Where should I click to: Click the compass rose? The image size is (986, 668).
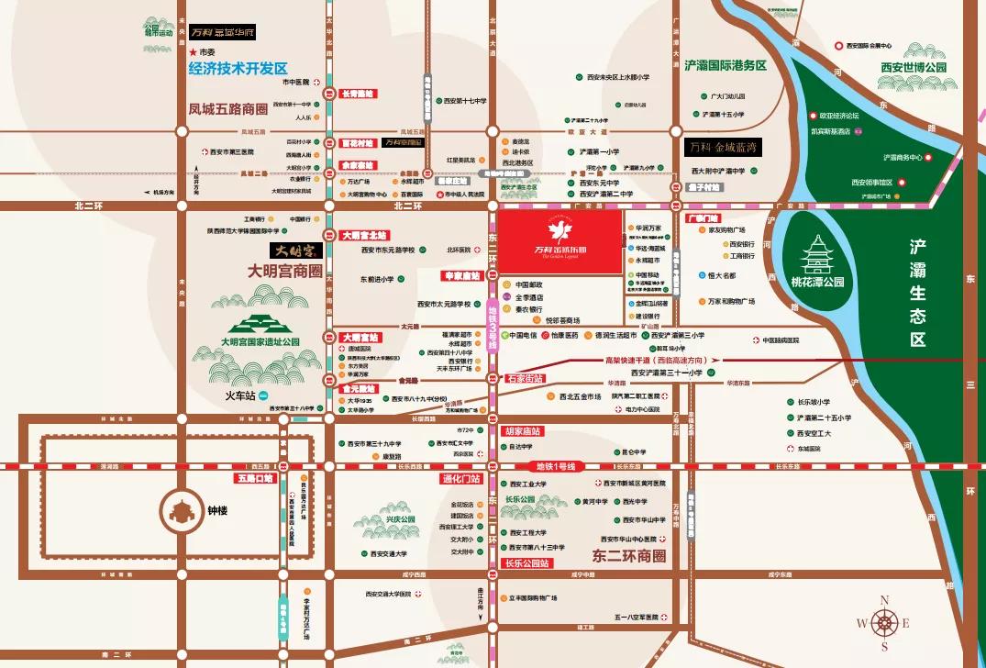point(884,622)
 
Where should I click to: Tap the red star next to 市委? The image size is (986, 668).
point(194,52)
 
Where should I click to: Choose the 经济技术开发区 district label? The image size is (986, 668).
point(238,68)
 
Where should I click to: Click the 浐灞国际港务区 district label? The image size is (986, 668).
point(725,65)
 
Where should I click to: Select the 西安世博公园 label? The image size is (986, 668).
point(913,67)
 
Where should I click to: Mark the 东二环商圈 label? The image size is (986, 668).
point(624,556)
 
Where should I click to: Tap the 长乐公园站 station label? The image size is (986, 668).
point(526,562)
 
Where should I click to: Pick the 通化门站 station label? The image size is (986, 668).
point(460,479)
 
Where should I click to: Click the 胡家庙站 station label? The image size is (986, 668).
point(523,430)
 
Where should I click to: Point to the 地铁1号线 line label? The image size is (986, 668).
point(555,466)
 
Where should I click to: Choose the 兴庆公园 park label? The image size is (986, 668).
point(400,519)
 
